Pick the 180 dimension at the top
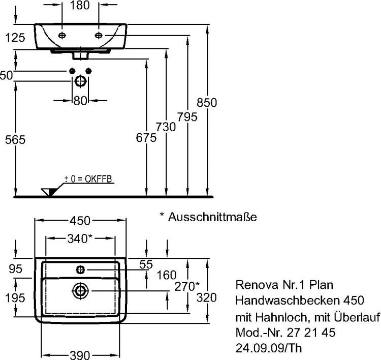click(x=79, y=6)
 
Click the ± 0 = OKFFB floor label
click(x=88, y=178)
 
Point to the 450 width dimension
click(x=80, y=220)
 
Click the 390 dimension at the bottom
click(x=80, y=354)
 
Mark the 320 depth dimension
click(x=207, y=297)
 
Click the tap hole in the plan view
click(x=80, y=268)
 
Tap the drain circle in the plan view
click(x=80, y=290)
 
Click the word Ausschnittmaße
click(x=212, y=217)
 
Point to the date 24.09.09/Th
click(x=272, y=349)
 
